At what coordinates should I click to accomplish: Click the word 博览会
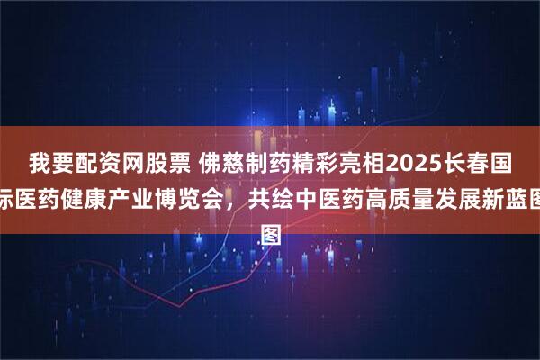(x=186, y=191)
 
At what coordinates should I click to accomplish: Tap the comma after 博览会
(x=229, y=193)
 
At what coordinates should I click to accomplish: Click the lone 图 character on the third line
(x=269, y=214)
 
